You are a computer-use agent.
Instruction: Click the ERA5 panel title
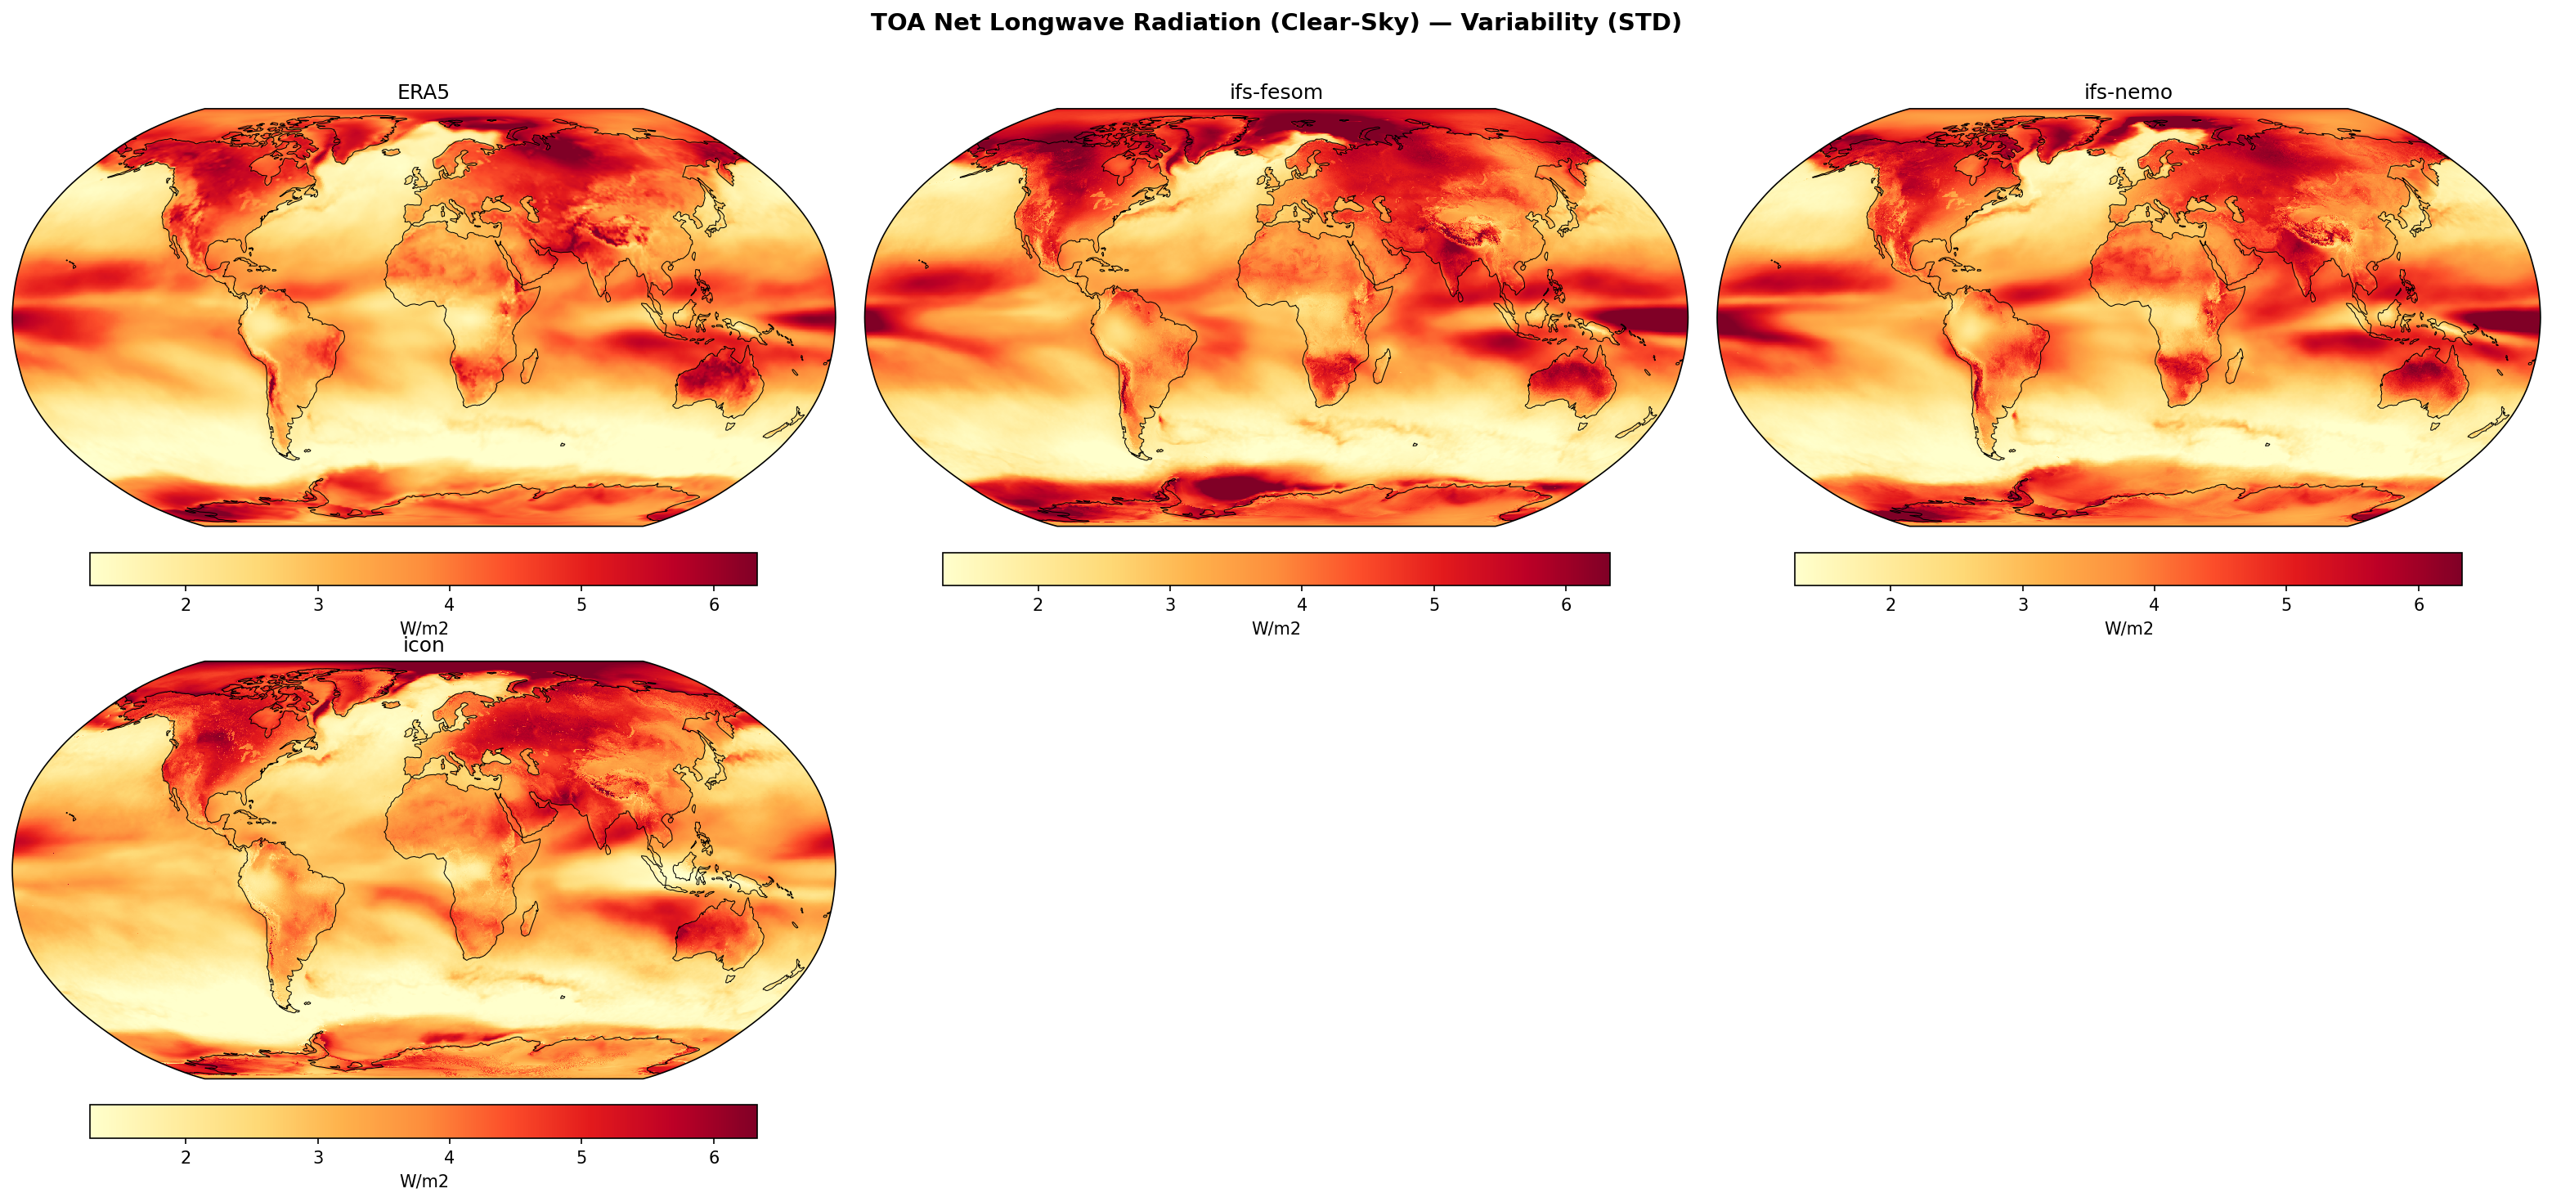423,92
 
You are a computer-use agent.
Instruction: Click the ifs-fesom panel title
1276,92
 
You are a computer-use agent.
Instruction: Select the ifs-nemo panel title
2128,92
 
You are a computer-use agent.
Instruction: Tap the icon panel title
423,645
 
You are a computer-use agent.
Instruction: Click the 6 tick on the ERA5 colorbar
713,604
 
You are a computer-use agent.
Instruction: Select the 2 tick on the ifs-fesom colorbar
1038,604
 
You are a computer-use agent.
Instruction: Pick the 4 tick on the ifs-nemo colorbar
2154,604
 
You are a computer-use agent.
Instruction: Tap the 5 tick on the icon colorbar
581,1157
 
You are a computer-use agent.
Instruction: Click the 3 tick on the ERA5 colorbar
318,604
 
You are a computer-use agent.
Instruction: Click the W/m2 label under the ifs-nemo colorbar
2128,628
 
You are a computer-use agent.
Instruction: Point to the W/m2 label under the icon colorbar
423,1182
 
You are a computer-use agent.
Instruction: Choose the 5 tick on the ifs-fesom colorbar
1433,604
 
